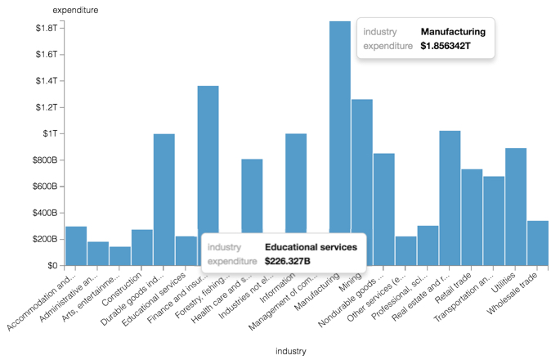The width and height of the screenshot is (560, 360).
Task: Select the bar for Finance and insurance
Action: (x=208, y=164)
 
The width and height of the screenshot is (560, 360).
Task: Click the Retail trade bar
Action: (x=472, y=217)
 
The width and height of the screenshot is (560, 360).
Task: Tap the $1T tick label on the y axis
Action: (x=47, y=133)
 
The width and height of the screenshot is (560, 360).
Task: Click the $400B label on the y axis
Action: (x=43, y=213)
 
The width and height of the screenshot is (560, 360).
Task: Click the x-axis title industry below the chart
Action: (x=290, y=351)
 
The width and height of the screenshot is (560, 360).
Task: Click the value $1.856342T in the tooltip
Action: (x=446, y=47)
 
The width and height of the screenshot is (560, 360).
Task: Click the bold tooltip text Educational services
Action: (x=311, y=246)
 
